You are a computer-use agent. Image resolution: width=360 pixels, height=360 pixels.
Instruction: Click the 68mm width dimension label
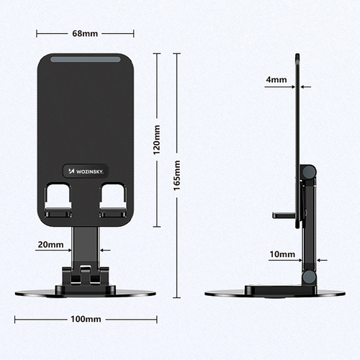(x=85, y=34)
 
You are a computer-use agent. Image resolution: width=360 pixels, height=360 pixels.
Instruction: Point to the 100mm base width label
(x=85, y=319)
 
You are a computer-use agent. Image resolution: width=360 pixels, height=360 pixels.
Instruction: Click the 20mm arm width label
(x=50, y=245)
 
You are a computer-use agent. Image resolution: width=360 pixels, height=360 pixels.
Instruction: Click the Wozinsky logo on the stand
(x=85, y=171)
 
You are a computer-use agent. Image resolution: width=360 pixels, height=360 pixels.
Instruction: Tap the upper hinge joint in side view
(x=308, y=173)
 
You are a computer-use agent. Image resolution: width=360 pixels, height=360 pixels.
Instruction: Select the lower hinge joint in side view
(x=308, y=276)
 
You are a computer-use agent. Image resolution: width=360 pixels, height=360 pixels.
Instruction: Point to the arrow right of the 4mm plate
(x=305, y=87)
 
